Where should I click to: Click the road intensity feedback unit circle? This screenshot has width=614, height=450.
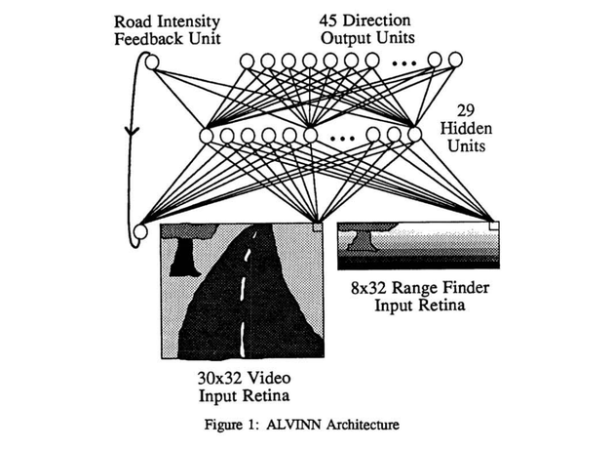151,63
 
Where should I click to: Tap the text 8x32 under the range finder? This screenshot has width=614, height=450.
366,288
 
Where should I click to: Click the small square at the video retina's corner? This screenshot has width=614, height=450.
317,226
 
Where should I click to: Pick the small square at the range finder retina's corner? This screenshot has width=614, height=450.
493,225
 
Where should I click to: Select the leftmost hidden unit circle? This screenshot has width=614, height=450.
207,135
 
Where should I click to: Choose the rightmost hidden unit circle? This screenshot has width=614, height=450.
414,135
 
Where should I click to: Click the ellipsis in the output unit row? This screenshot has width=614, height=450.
407,63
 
